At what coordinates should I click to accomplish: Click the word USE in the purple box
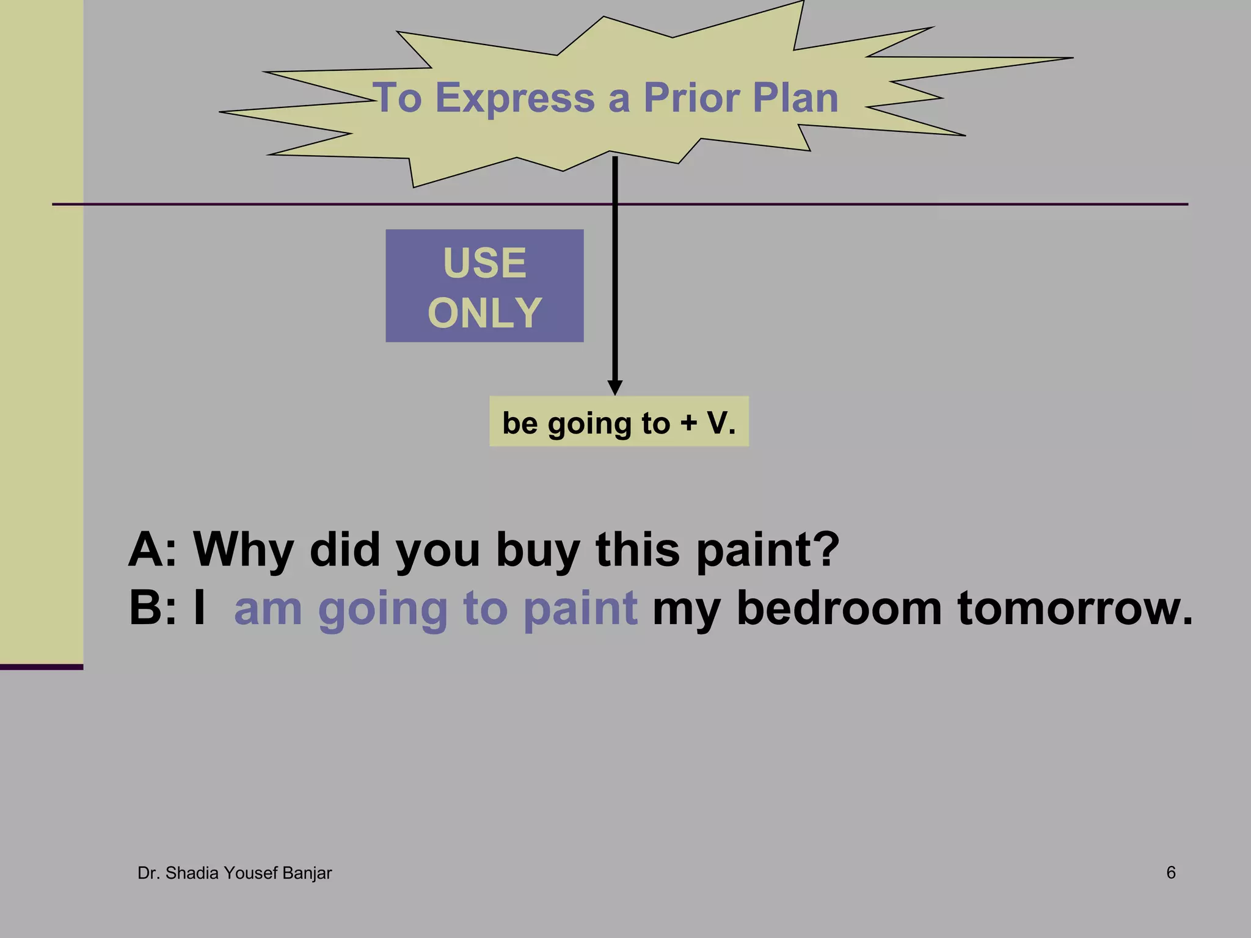484,263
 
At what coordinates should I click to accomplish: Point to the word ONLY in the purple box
484,313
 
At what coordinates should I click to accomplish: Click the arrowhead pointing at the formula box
615,387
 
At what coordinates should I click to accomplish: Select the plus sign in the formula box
689,423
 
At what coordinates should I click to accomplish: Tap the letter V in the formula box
717,423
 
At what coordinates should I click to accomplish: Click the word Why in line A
243,550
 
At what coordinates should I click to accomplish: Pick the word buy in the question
538,550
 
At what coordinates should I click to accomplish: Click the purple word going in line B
382,609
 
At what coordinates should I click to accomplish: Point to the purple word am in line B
268,609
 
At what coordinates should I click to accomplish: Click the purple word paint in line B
581,608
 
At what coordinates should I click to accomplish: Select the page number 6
1170,873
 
